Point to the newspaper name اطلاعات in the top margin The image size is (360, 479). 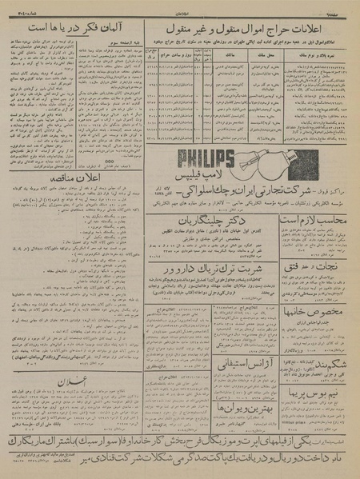(x=179, y=6)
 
